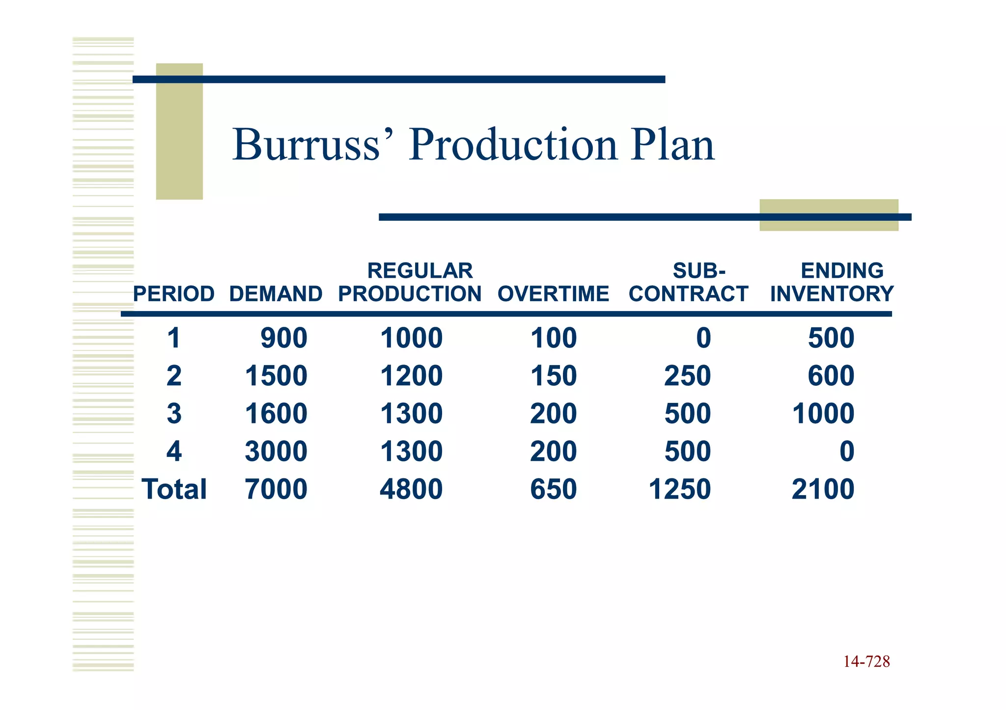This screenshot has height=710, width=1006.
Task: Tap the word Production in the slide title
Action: (512, 145)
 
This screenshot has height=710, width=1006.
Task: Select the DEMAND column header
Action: (276, 294)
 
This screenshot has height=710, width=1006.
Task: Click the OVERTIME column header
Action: (553, 294)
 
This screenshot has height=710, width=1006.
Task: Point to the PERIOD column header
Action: (174, 294)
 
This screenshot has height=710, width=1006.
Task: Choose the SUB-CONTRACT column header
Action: (689, 283)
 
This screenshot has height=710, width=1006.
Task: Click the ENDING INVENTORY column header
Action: (832, 283)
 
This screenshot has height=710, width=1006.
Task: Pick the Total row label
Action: (174, 489)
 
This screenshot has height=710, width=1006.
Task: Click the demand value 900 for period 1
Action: (284, 338)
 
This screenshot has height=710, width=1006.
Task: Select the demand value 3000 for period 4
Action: (276, 451)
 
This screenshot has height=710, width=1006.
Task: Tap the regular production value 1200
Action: (411, 376)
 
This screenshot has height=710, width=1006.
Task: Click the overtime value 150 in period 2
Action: (554, 376)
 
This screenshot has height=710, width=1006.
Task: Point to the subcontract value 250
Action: (688, 376)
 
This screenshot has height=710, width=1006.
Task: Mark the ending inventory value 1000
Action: (823, 414)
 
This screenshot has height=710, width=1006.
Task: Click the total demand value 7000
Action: (276, 489)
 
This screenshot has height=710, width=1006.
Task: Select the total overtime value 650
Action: (554, 489)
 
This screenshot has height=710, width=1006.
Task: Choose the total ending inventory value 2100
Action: (823, 489)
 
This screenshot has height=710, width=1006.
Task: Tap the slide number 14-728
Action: (866, 662)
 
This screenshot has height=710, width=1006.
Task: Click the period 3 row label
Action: (174, 414)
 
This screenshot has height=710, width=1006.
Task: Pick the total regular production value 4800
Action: (411, 489)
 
